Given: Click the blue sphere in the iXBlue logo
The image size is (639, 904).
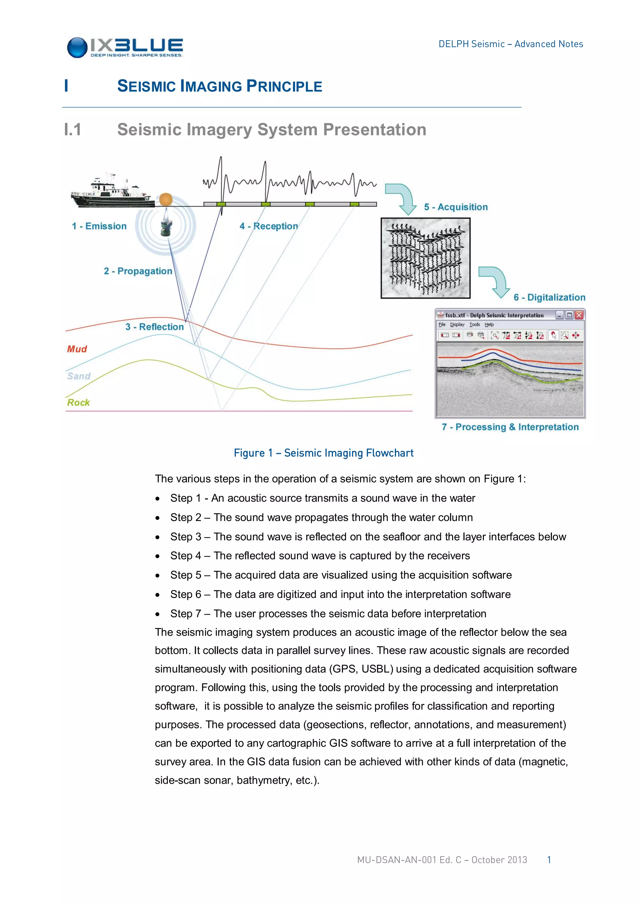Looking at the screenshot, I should (x=77, y=48).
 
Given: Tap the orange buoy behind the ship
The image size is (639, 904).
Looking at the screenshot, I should (x=166, y=199).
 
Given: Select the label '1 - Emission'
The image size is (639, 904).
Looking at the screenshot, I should (x=99, y=226).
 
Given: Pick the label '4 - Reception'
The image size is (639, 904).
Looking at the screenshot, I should (x=269, y=226).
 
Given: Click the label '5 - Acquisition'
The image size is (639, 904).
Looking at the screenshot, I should (x=456, y=207).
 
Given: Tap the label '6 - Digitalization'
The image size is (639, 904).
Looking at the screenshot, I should (x=549, y=297).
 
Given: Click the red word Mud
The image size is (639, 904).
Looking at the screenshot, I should (x=77, y=349).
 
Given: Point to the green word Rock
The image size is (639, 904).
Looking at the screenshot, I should (x=78, y=402).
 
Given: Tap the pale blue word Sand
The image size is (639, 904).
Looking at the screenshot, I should (x=79, y=376).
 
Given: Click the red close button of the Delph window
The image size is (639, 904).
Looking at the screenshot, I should (x=579, y=315).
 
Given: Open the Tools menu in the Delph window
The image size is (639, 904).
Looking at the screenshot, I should (x=475, y=324).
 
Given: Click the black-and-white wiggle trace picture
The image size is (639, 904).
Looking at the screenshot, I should (x=425, y=258).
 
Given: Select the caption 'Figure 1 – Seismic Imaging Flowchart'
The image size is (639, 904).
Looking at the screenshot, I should (x=324, y=453).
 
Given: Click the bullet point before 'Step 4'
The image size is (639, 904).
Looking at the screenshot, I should (x=157, y=556).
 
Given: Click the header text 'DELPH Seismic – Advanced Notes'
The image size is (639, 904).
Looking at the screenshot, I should (x=511, y=44).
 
